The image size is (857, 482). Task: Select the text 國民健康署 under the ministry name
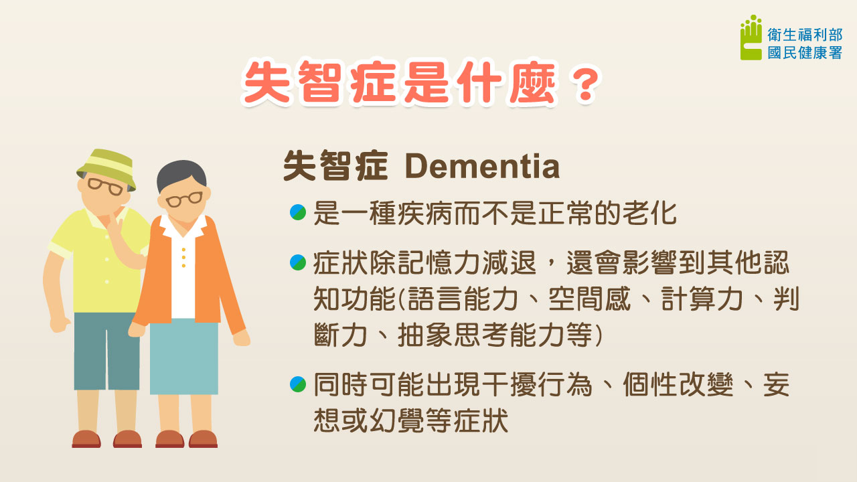(x=805, y=53)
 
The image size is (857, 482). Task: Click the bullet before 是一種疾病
(x=298, y=213)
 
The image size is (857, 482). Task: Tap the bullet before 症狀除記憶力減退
(x=298, y=263)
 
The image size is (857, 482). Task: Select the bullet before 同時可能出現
(x=298, y=384)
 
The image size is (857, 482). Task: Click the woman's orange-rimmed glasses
(x=183, y=199)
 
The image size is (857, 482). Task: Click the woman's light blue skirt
(x=183, y=358)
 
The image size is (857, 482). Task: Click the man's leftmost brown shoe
(x=86, y=439)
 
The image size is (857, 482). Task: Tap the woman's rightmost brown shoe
(x=203, y=439)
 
